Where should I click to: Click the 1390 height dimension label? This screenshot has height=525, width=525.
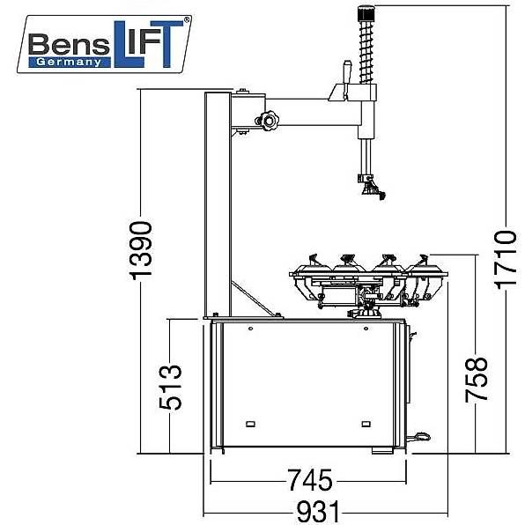(x=141, y=250)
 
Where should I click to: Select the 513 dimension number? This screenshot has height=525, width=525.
(x=170, y=388)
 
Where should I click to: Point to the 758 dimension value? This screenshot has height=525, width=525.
(x=477, y=380)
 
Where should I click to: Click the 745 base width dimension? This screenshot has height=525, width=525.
(x=310, y=480)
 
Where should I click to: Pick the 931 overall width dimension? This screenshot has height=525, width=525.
(x=318, y=513)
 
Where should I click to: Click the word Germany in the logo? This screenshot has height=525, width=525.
(x=69, y=63)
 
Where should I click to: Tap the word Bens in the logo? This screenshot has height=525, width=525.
(x=69, y=44)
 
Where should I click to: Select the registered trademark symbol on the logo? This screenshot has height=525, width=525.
(x=187, y=19)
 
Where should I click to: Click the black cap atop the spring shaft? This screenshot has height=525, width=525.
(x=366, y=14)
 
